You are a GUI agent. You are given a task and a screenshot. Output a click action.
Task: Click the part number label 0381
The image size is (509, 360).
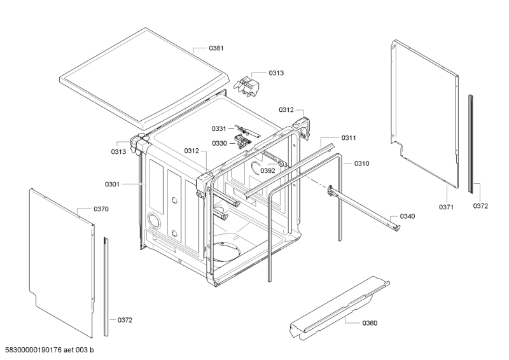click(218, 48)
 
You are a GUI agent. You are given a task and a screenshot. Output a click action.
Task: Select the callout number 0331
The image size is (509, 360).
click(220, 129)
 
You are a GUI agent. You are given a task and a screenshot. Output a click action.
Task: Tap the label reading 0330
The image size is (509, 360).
click(220, 143)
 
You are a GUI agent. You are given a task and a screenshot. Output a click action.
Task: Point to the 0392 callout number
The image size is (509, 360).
click(267, 170)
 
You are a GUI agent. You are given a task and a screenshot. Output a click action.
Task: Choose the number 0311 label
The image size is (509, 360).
click(349, 138)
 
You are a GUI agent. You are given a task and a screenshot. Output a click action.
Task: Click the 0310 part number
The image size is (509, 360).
click(361, 163)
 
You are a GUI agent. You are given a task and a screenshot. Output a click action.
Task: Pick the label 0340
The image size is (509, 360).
click(407, 216)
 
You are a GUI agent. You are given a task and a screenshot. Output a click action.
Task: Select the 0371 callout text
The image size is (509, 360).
click(447, 207)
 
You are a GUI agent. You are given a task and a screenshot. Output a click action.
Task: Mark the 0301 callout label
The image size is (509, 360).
click(113, 184)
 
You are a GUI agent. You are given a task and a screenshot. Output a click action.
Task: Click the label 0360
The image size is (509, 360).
click(369, 323)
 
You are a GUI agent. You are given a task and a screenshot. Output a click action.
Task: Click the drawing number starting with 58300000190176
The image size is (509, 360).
click(50, 350)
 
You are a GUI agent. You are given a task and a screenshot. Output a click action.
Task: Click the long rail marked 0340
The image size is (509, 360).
click(363, 207)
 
